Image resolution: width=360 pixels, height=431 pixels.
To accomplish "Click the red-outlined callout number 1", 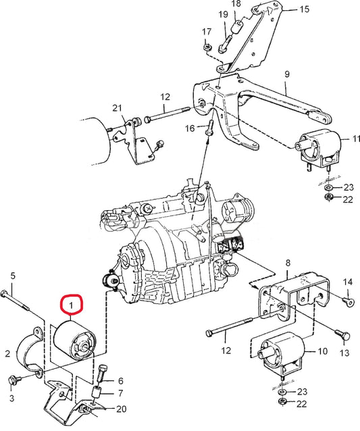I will (71, 306).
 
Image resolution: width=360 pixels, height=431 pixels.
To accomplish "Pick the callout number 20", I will (121, 409).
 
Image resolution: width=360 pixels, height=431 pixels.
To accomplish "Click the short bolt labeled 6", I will (103, 373).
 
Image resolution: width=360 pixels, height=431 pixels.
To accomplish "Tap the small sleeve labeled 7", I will (97, 393).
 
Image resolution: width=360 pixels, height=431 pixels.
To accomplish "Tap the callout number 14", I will (348, 282).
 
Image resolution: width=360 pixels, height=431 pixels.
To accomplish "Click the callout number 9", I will (286, 74).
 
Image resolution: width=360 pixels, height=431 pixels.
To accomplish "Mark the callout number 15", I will (304, 9).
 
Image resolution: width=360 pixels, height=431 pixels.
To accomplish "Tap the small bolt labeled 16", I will (210, 126).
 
